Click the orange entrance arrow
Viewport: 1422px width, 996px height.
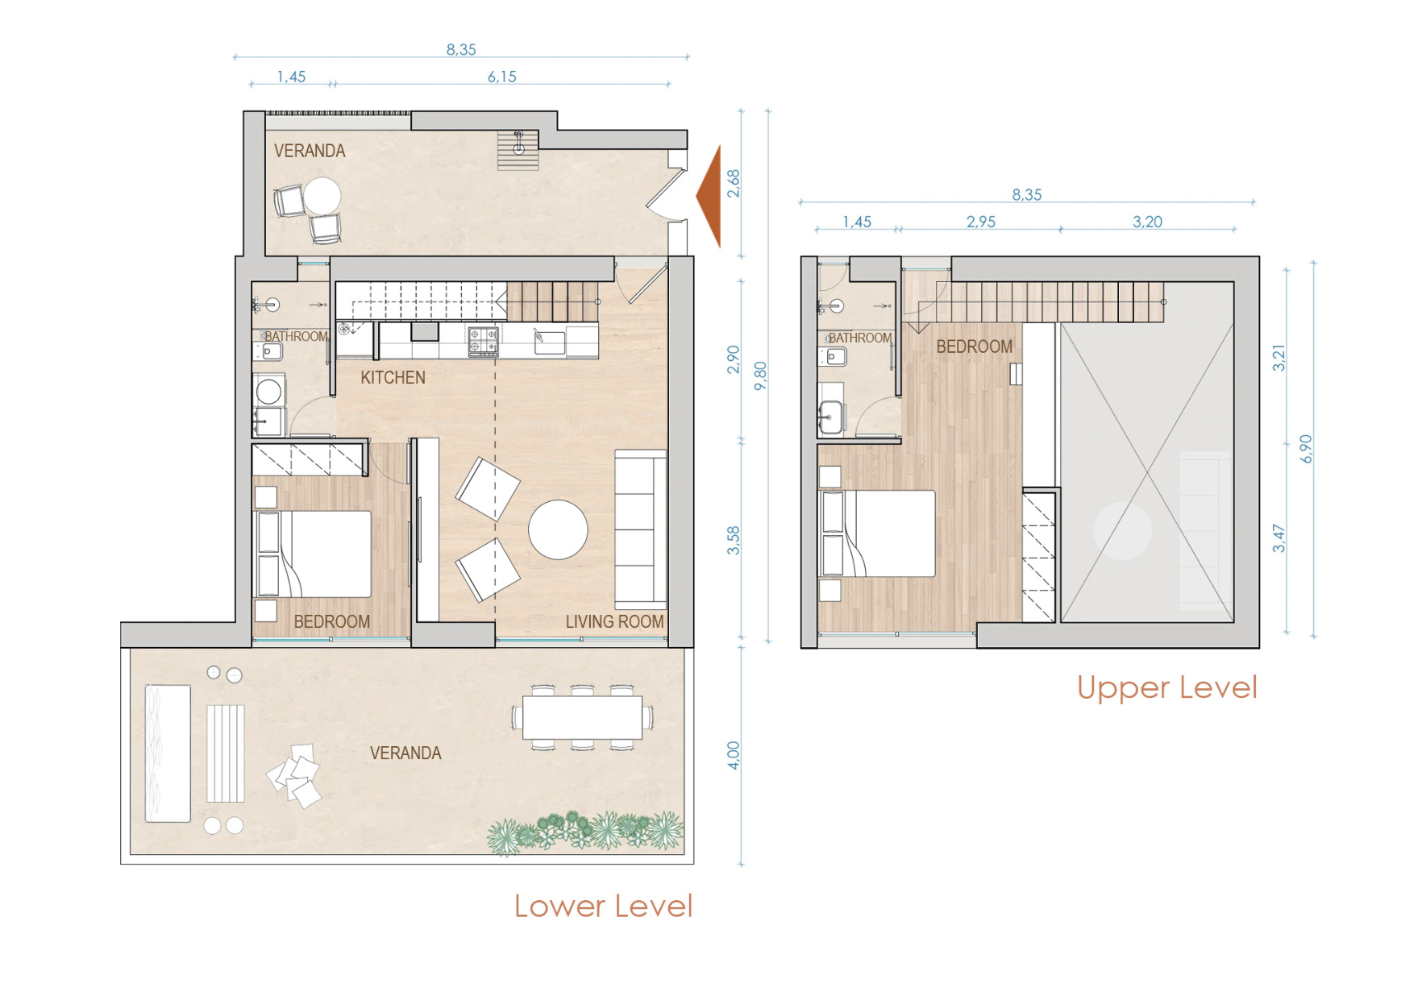click(x=709, y=196)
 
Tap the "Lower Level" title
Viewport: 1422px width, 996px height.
click(x=603, y=907)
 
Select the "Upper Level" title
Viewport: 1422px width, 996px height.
click(x=1166, y=687)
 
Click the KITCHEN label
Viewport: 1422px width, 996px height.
click(x=393, y=377)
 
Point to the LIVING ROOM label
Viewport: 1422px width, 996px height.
click(x=614, y=621)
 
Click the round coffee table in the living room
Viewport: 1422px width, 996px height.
click(x=558, y=529)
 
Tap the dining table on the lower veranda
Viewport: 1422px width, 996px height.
click(x=582, y=717)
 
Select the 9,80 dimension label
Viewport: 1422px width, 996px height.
click(x=760, y=376)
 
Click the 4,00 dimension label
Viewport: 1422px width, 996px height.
click(x=733, y=755)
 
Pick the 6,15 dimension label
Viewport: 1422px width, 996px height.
click(x=501, y=77)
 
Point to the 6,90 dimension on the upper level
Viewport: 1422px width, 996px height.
click(x=1306, y=449)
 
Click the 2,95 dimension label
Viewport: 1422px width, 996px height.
click(x=980, y=222)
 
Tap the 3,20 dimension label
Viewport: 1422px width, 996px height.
click(x=1147, y=222)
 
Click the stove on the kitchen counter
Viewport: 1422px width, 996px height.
click(x=483, y=340)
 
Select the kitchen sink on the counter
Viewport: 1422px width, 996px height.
click(x=551, y=342)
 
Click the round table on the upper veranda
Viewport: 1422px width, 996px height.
click(x=322, y=196)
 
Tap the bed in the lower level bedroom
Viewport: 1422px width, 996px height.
click(x=314, y=554)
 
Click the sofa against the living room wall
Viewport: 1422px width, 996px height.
click(x=641, y=529)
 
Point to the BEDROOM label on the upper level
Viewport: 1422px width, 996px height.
click(x=974, y=347)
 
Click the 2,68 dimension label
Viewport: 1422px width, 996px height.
click(x=733, y=183)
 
